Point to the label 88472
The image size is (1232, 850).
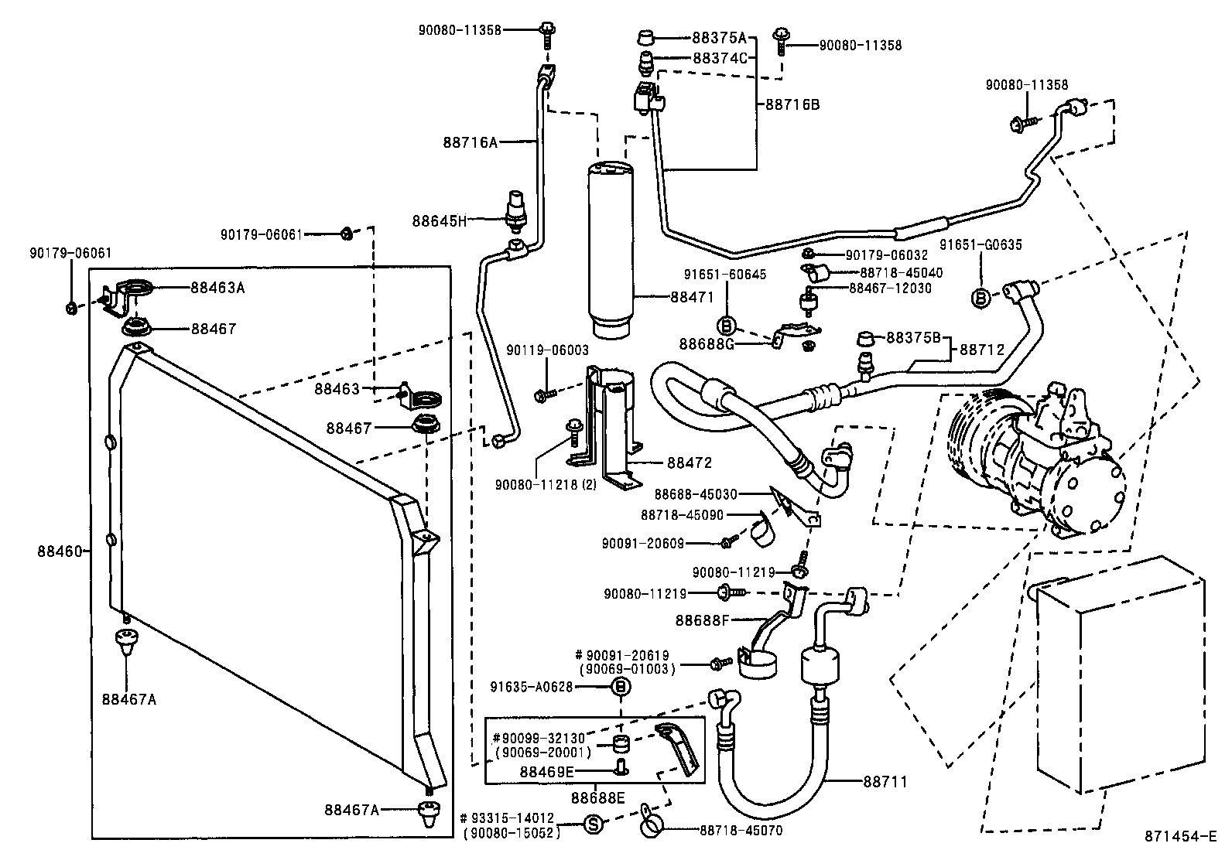(x=690, y=463)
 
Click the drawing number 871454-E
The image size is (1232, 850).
(x=1181, y=837)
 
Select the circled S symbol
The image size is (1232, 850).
(x=591, y=825)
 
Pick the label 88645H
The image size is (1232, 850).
(x=440, y=220)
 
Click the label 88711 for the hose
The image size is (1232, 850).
(x=885, y=782)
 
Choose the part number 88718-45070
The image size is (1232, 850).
(x=741, y=831)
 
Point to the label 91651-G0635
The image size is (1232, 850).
(x=980, y=245)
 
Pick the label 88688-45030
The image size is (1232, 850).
(x=696, y=493)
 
